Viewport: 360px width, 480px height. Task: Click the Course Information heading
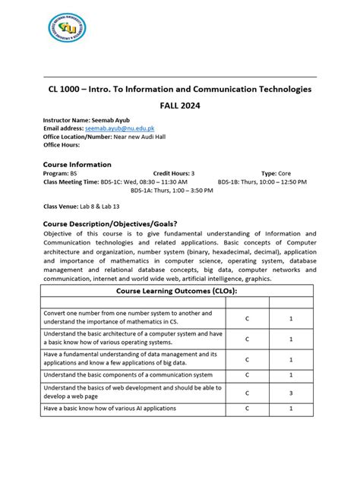(x=77, y=164)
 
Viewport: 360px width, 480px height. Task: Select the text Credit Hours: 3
(x=173, y=173)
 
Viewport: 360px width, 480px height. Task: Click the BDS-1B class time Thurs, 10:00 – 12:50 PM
(x=276, y=182)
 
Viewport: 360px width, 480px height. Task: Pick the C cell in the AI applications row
(x=247, y=409)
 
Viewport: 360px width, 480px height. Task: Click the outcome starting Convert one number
(x=133, y=317)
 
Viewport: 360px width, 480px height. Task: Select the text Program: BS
(x=61, y=173)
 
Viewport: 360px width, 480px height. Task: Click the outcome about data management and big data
(x=131, y=358)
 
